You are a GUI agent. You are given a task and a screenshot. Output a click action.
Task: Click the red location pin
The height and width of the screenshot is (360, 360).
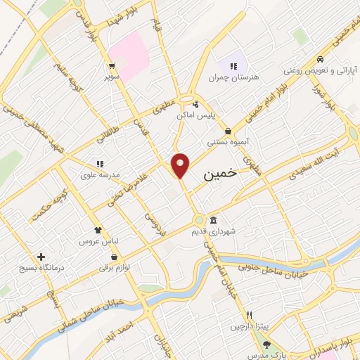tap(181, 165)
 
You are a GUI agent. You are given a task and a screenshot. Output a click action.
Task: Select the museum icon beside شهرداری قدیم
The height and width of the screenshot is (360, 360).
tap(213, 219)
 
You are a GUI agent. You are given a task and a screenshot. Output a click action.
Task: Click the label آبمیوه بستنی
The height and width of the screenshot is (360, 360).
tap(229, 141)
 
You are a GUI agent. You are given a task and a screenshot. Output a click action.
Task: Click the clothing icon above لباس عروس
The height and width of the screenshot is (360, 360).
tap(98, 230)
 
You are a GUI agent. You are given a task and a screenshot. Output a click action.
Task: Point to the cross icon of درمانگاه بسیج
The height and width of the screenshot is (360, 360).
tap(41, 257)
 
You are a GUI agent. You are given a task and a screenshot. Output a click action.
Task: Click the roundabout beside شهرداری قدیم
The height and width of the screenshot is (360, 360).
tap(200, 219)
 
